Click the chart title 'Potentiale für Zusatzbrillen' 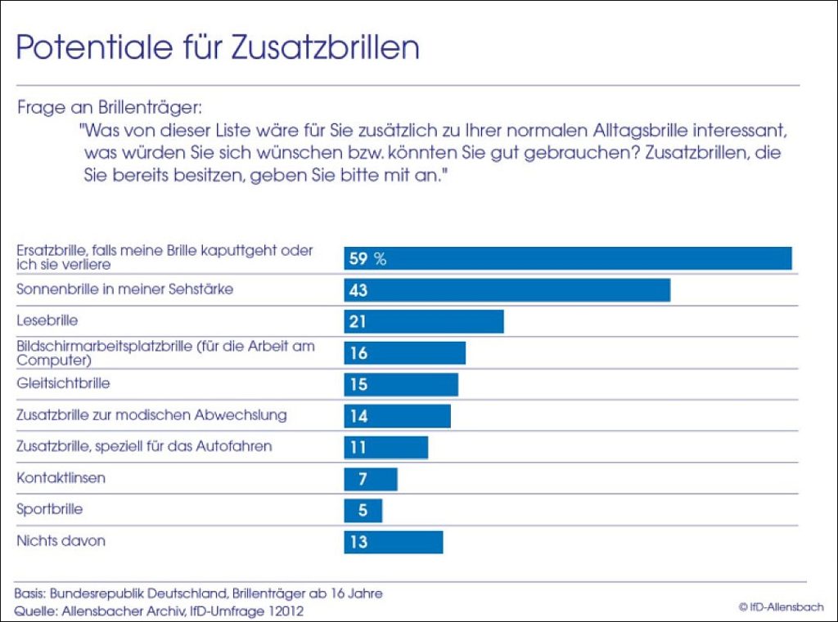click(218, 47)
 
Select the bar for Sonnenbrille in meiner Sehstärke click(507, 290)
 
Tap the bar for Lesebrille click(423, 321)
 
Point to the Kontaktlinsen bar click(371, 479)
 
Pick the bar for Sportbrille click(363, 511)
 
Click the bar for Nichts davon click(393, 542)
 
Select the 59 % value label click(367, 259)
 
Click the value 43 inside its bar click(358, 290)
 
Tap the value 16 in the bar click(358, 353)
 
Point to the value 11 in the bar click(358, 447)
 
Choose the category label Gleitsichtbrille click(63, 383)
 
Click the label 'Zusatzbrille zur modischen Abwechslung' click(151, 414)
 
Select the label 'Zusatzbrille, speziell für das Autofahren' click(144, 446)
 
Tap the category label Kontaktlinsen click(61, 477)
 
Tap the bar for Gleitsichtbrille click(401, 384)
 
